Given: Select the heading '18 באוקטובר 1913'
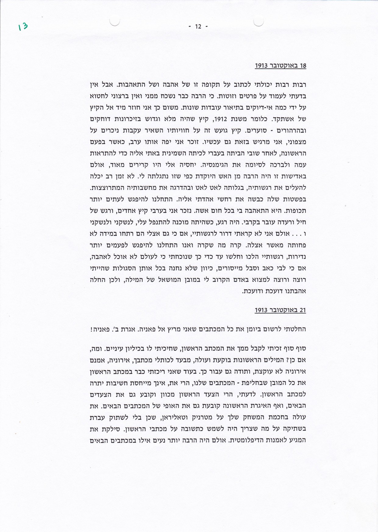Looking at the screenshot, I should tap(280, 66).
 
